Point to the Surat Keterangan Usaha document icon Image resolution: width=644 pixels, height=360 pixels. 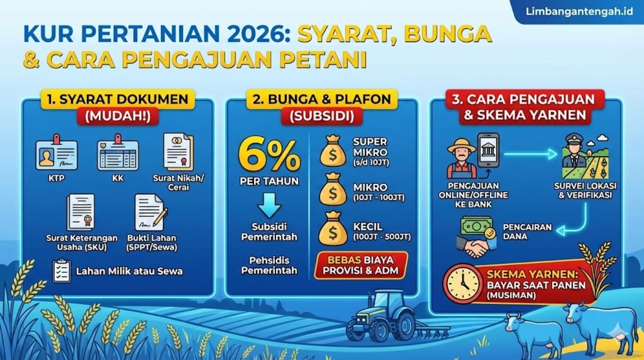point(81,212)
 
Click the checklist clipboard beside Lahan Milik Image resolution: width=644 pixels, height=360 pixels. point(62,270)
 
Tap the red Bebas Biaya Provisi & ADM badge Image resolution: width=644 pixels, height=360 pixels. point(361,265)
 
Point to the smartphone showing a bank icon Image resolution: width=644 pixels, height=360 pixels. point(488,150)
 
